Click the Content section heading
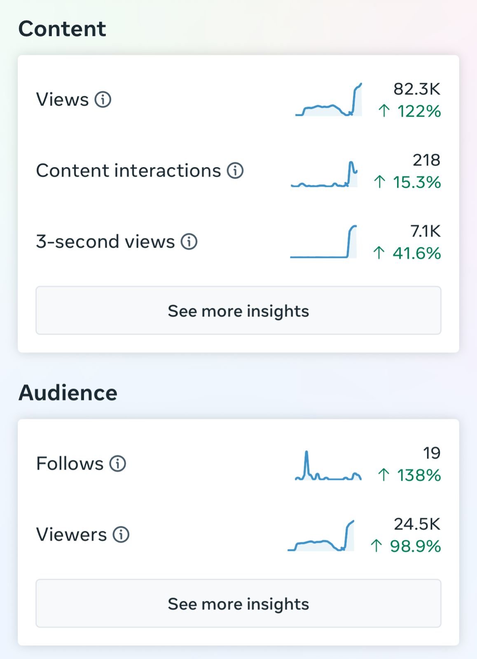point(62,29)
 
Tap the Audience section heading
point(68,393)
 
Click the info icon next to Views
point(103,99)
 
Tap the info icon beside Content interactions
point(235,171)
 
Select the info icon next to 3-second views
point(189,242)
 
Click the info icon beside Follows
point(117,464)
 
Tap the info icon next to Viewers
point(121,535)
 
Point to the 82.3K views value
point(416,89)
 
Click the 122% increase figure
point(419,111)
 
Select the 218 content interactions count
point(426,160)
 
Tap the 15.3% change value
point(416,182)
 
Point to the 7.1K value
point(425,231)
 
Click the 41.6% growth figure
point(416,253)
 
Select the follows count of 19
point(432,453)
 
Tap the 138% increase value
point(419,475)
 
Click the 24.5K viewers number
point(417,524)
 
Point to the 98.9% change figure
point(415,546)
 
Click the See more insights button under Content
point(238,311)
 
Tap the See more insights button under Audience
point(238,603)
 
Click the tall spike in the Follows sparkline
point(306,457)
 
